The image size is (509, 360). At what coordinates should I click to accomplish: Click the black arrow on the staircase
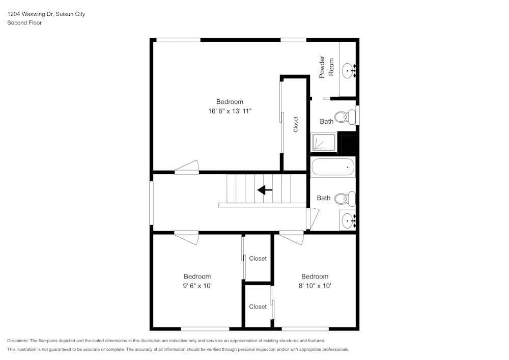[x=265, y=190]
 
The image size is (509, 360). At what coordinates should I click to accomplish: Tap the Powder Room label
[x=326, y=67]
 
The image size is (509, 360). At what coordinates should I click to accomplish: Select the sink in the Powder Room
[x=348, y=70]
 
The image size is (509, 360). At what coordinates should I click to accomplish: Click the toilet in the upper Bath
[x=349, y=117]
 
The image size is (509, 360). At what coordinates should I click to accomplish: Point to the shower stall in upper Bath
[x=323, y=143]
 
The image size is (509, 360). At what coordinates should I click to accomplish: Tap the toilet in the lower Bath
[x=349, y=198]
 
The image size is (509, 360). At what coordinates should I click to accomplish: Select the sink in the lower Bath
[x=348, y=220]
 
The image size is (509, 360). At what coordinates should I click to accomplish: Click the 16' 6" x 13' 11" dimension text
[x=230, y=110]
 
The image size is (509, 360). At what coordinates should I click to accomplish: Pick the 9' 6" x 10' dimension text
[x=197, y=286]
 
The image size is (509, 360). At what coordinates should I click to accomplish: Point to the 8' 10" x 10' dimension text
[x=315, y=286]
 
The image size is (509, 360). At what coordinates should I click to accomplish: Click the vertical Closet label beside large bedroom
[x=296, y=125]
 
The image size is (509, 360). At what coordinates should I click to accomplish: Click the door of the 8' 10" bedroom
[x=292, y=237]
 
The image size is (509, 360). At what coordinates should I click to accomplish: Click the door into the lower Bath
[x=312, y=217]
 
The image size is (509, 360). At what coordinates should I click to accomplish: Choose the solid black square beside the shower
[x=349, y=144]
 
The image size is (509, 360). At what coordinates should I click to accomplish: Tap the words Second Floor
[x=24, y=23]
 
